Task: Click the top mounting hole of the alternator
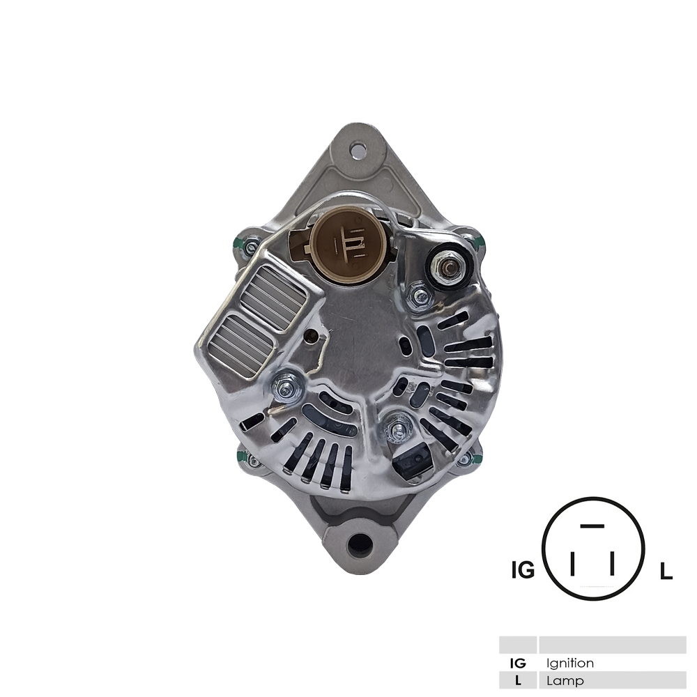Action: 358,148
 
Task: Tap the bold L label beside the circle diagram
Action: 666,572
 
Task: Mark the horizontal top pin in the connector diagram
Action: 591,525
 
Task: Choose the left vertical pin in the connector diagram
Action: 572,564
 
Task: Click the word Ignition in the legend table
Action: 570,663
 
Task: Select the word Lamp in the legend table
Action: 565,681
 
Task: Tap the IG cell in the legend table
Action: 518,663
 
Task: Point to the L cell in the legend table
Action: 518,681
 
